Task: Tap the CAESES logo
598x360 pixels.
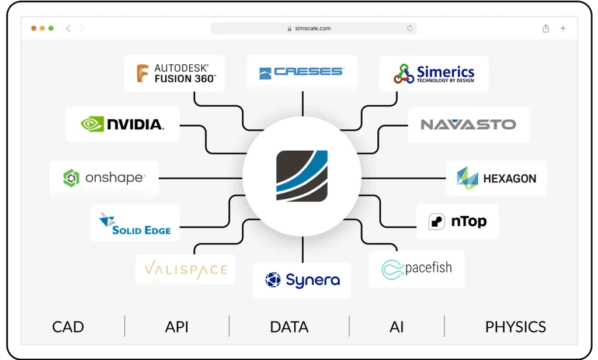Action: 302,72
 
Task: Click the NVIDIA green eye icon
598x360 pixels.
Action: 92,123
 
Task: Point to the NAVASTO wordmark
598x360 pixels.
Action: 468,124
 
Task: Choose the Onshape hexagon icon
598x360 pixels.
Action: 71,178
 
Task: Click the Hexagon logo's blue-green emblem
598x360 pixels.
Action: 467,178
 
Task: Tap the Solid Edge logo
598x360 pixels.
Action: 135,223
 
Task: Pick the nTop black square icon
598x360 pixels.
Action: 437,221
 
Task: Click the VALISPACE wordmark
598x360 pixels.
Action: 185,269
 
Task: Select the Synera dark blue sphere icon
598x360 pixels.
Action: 273,280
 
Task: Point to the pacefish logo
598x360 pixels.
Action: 416,269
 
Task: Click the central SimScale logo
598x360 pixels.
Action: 302,176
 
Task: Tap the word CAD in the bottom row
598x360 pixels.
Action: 68,327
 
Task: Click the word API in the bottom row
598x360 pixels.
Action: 176,327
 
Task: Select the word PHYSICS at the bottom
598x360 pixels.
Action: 515,327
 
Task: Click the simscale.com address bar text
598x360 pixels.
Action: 314,28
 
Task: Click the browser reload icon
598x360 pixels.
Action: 410,28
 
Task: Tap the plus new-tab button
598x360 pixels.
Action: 563,28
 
